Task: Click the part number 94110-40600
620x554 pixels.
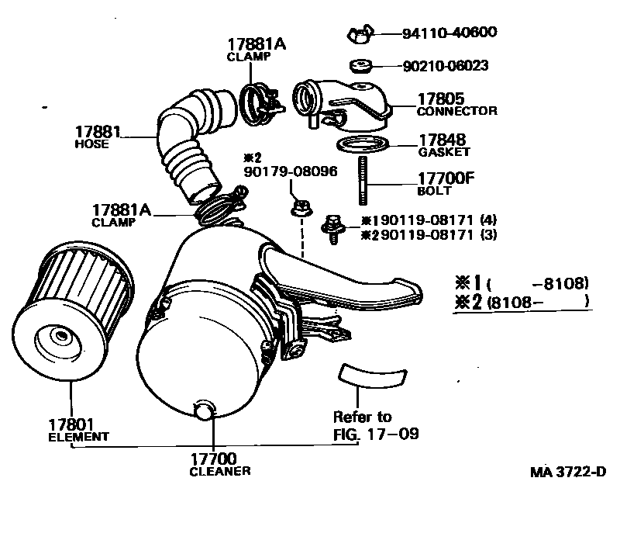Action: point(449,33)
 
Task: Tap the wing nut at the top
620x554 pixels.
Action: point(359,33)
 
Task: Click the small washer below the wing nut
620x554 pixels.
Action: point(361,64)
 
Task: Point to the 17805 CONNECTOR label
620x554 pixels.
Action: point(456,105)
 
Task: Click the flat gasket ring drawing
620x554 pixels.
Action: point(361,145)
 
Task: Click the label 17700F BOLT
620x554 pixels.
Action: point(446,184)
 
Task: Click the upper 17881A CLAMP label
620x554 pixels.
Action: point(257,50)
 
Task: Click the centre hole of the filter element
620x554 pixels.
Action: point(57,337)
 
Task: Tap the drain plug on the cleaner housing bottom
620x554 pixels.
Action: point(203,410)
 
